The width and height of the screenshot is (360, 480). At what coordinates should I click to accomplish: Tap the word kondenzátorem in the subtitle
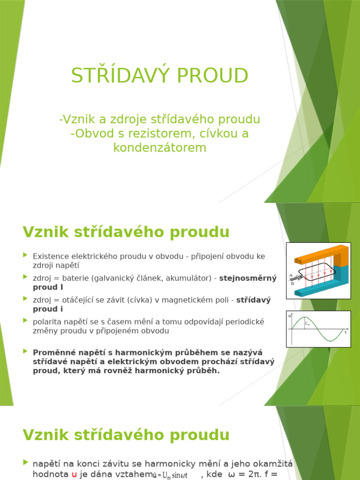click(x=159, y=148)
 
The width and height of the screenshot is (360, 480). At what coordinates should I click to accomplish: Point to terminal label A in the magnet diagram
click(x=291, y=275)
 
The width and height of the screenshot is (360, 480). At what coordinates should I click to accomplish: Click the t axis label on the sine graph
click(x=345, y=332)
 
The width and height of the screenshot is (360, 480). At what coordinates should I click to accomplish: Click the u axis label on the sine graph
click(x=289, y=316)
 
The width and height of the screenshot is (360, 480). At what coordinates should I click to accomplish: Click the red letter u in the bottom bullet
click(x=74, y=474)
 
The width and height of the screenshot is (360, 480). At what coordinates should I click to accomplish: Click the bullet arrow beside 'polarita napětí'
click(x=25, y=321)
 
